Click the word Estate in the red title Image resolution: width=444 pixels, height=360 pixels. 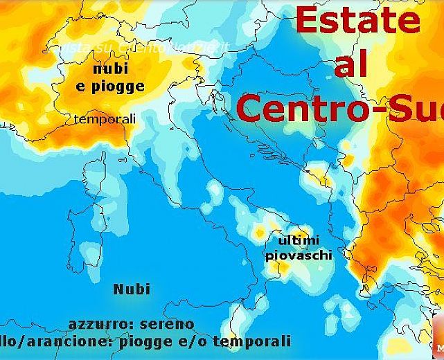tap(357, 21)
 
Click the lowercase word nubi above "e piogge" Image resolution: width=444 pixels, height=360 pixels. tap(110, 70)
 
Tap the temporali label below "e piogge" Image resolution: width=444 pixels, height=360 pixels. tap(105, 119)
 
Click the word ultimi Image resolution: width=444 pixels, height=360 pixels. tap(298, 240)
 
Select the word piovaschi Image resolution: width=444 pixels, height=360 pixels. tap(299, 255)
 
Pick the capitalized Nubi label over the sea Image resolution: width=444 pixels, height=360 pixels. tap(132, 289)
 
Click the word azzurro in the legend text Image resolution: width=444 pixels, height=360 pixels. tap(98, 324)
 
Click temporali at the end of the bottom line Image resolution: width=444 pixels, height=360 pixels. tap(252, 341)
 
